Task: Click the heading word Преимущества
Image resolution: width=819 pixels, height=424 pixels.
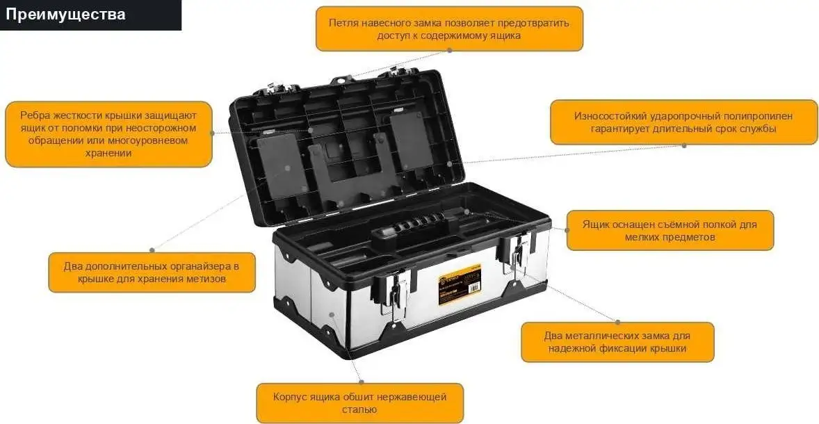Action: click(67, 15)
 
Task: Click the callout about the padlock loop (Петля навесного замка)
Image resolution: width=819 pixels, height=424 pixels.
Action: click(449, 28)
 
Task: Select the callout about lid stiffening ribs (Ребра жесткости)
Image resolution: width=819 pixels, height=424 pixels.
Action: click(108, 134)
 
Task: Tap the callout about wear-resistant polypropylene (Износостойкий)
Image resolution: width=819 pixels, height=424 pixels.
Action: click(683, 122)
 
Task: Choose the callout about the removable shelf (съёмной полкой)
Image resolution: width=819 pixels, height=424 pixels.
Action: click(670, 231)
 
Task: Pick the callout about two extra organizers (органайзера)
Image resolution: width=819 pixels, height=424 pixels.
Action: click(151, 272)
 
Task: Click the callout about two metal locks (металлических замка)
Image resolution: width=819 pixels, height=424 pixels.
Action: click(617, 342)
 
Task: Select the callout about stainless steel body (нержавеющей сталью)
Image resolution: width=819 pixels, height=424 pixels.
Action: click(359, 403)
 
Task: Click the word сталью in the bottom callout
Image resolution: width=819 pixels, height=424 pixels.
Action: click(359, 410)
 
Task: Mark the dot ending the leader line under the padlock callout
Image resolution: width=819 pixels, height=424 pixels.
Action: click(449, 50)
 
